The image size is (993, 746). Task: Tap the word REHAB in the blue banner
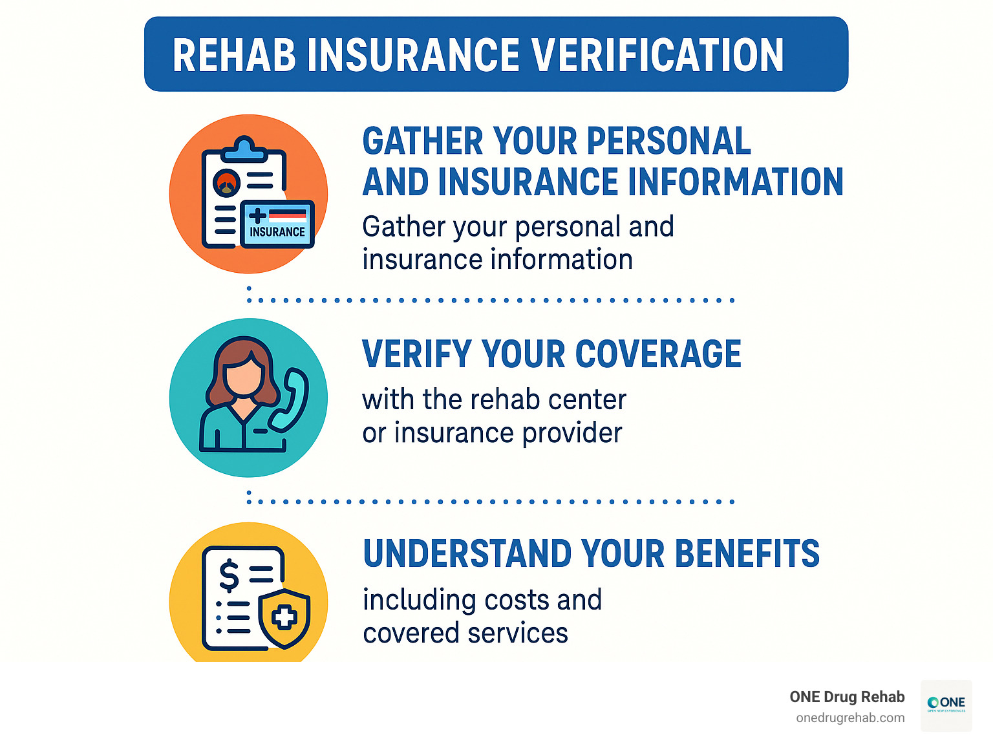234,55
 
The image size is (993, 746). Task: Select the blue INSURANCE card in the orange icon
277,224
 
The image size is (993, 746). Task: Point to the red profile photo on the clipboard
227,182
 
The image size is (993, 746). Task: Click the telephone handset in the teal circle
290,399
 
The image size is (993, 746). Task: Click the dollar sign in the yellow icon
229,575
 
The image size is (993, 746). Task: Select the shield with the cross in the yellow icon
284,618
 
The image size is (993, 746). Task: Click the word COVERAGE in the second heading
657,354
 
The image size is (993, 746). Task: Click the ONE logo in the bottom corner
946,705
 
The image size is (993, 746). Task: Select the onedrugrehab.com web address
850,718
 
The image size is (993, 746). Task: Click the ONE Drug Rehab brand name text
847,697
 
